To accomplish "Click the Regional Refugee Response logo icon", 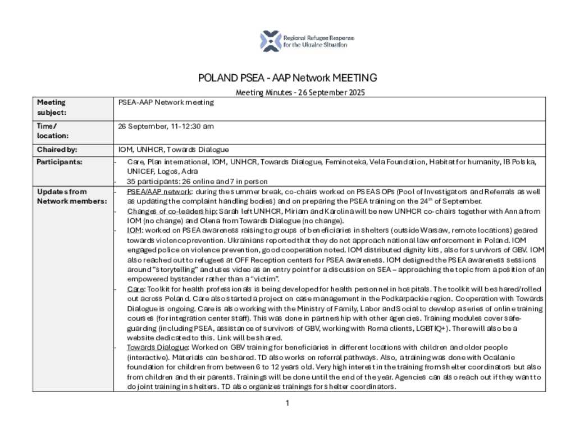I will point(270,41).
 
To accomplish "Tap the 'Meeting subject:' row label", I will point(51,107).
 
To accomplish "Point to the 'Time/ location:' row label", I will point(52,131).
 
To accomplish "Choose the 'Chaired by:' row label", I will point(57,150).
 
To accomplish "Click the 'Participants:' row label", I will point(59,162).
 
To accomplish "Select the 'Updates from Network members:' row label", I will point(63,196).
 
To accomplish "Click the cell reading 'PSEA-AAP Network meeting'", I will point(166,102).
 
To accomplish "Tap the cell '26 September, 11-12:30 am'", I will point(166,127).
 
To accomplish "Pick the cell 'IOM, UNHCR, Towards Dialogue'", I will point(174,150).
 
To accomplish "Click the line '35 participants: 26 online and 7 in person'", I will point(197,181).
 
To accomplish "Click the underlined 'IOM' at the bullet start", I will point(134,230).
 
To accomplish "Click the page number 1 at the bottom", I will point(287,403).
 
